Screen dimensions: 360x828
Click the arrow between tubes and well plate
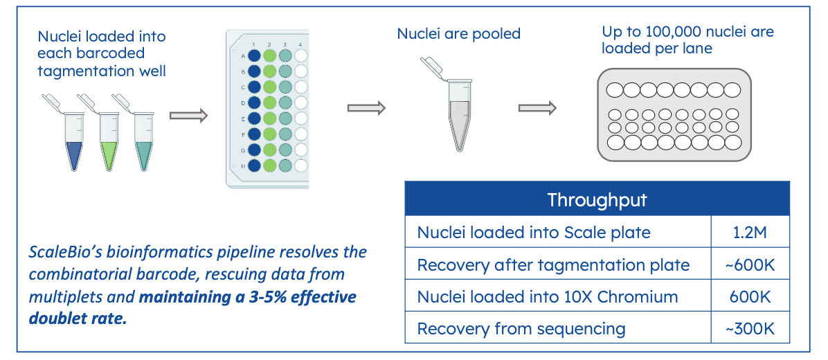(x=188, y=116)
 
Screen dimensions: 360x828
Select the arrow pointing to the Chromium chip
(x=538, y=108)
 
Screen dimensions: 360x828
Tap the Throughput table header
(x=597, y=200)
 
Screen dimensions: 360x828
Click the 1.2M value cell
(x=750, y=232)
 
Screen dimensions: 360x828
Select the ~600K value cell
(x=750, y=264)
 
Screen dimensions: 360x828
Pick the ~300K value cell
(x=750, y=329)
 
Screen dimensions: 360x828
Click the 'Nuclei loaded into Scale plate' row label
(x=534, y=233)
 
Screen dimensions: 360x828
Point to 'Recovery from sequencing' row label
(x=521, y=329)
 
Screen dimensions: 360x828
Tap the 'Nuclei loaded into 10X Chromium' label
(x=548, y=297)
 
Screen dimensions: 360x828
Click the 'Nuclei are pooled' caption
(x=458, y=33)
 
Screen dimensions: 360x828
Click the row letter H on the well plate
(x=243, y=166)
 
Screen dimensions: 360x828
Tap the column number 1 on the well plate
(x=254, y=44)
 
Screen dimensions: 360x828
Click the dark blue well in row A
(x=254, y=55)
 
